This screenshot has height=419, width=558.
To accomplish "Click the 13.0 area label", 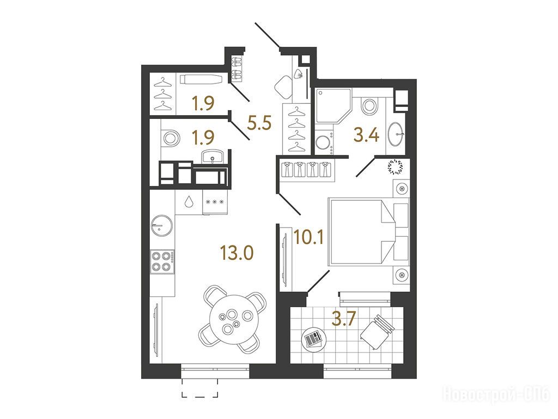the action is tap(236, 253).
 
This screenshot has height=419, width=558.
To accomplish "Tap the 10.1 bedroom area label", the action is tap(308, 237).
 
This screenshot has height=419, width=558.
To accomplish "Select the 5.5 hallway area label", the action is tap(259, 123).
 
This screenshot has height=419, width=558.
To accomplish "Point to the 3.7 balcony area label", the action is tap(343, 318).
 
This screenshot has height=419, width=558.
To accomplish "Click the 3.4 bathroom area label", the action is tap(366, 135).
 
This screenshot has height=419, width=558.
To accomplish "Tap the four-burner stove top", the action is tap(162, 261).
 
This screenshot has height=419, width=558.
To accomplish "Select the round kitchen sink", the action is tap(162, 225).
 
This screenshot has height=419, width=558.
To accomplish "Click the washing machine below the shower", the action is tap(324, 142).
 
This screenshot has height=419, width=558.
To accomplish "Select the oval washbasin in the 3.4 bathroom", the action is tap(396, 134).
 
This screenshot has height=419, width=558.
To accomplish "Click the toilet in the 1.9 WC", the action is tap(170, 137).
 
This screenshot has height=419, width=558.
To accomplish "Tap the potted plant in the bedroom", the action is tap(396, 167).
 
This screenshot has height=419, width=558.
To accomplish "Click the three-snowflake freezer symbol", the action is tap(215, 202).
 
